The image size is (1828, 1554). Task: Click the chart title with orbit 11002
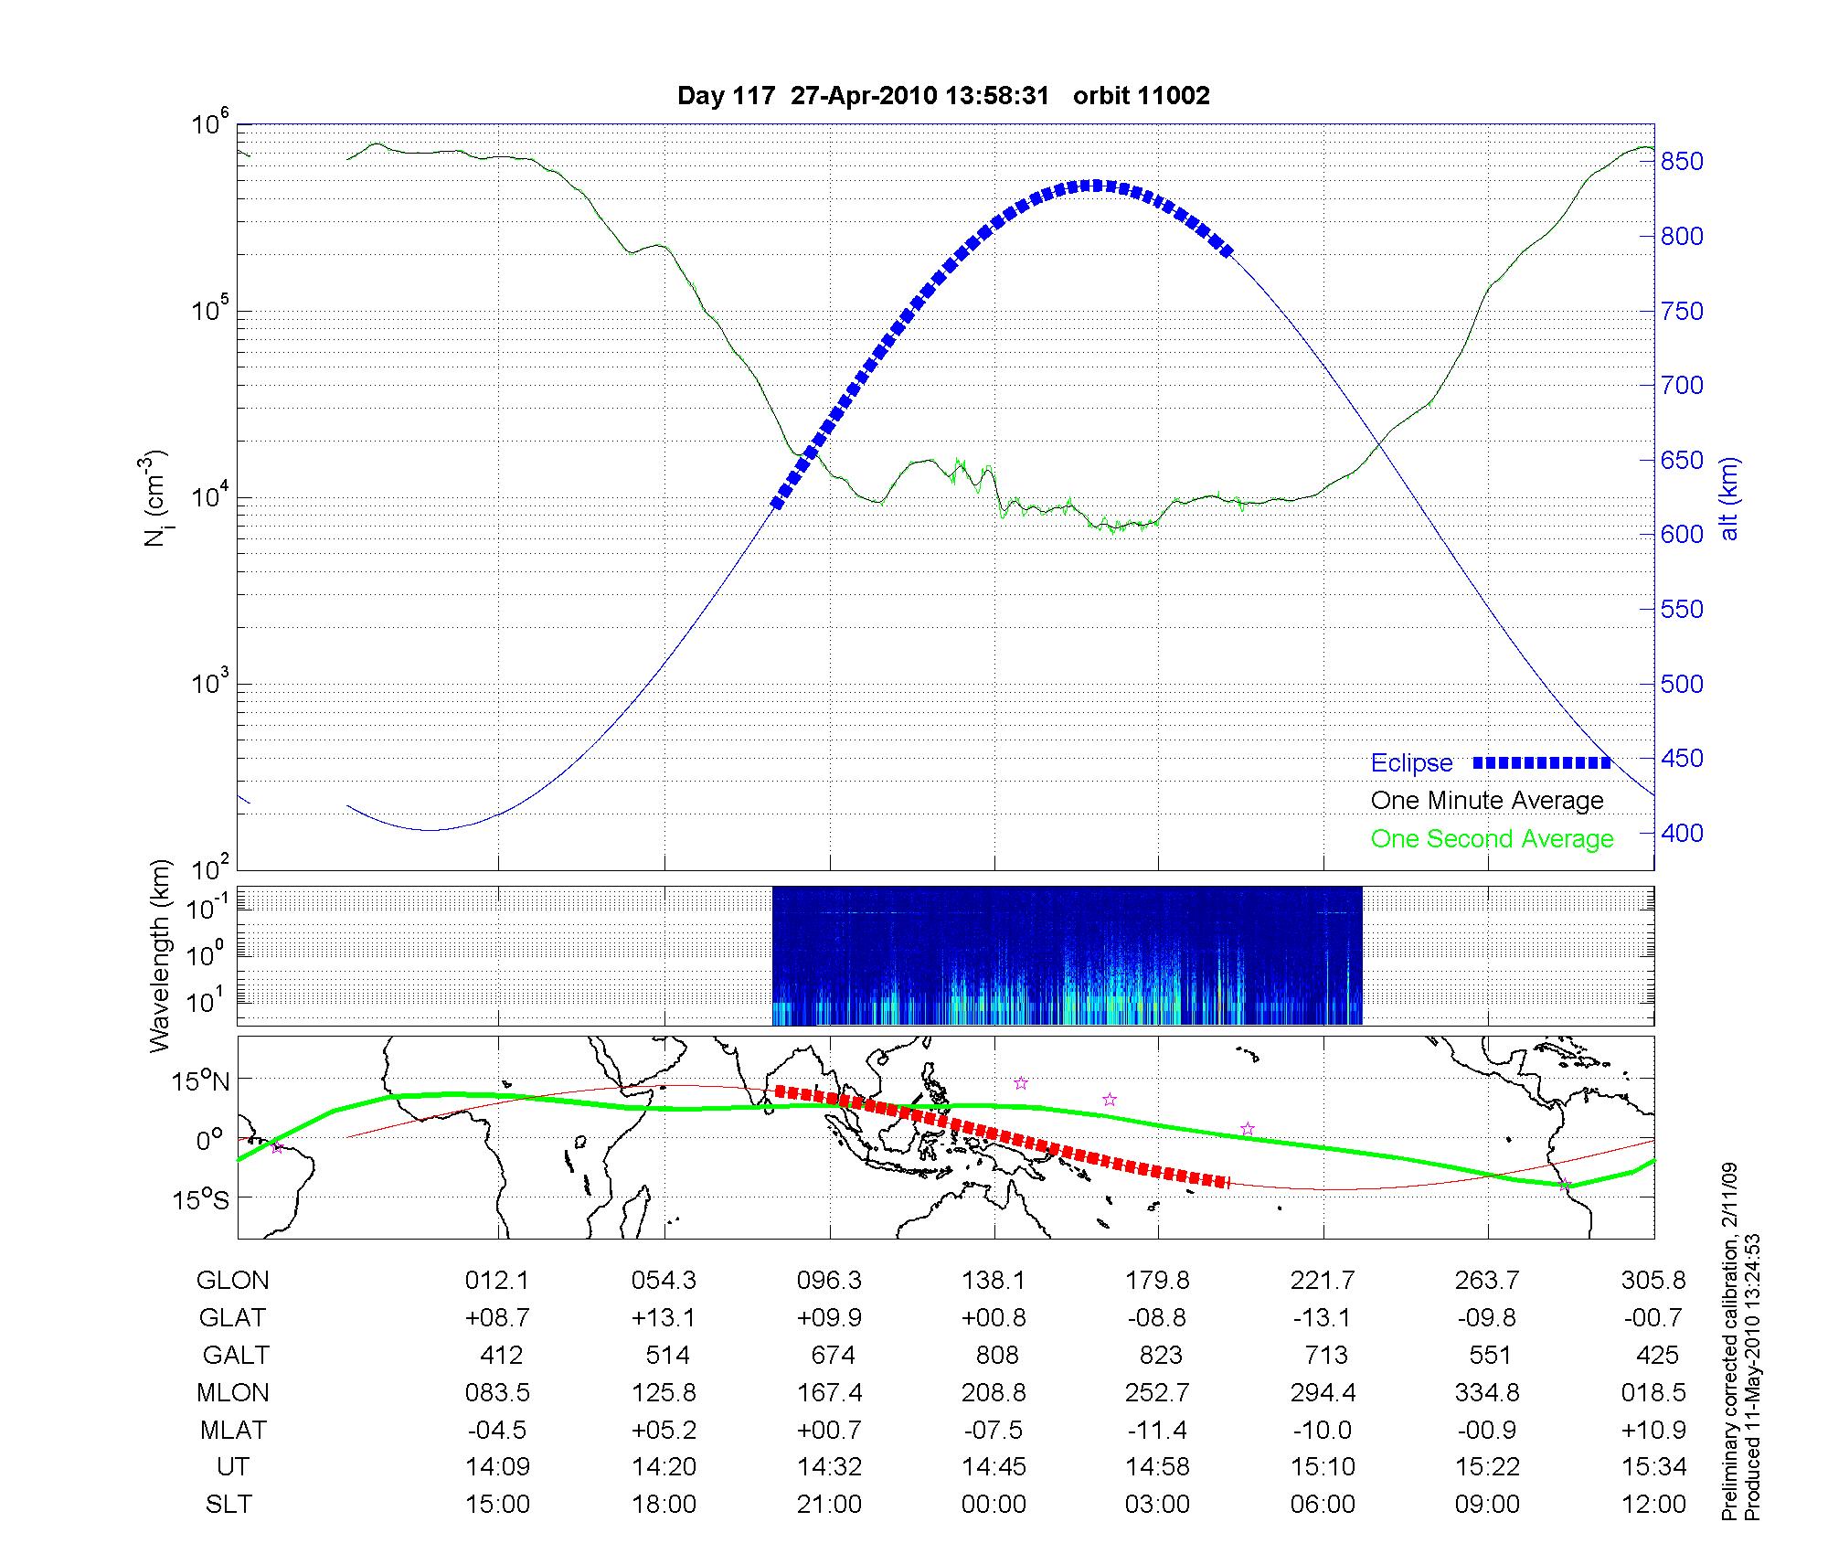pyautogui.click(x=943, y=96)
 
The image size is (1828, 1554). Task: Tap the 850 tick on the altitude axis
pyautogui.click(x=1682, y=162)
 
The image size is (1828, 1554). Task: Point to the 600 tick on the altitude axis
pyautogui.click(x=1682, y=535)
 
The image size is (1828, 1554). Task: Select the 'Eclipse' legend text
pyautogui.click(x=1411, y=763)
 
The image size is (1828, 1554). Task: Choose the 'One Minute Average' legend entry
pyautogui.click(x=1487, y=801)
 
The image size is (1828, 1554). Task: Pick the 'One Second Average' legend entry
pyautogui.click(x=1492, y=839)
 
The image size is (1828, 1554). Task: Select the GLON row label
pyautogui.click(x=232, y=1281)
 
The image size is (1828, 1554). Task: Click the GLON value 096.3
pyautogui.click(x=829, y=1281)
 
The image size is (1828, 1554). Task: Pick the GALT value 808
pyautogui.click(x=995, y=1355)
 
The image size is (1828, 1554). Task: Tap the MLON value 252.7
pyautogui.click(x=1158, y=1393)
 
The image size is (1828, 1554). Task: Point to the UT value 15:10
pyautogui.click(x=1323, y=1467)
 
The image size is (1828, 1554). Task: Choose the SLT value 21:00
pyautogui.click(x=829, y=1505)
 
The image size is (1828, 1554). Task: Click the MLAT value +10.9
pyautogui.click(x=1653, y=1430)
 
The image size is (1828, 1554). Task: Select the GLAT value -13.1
pyautogui.click(x=1323, y=1318)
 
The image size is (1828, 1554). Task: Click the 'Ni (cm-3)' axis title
pyautogui.click(x=156, y=499)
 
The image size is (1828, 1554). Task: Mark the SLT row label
pyautogui.click(x=228, y=1505)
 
